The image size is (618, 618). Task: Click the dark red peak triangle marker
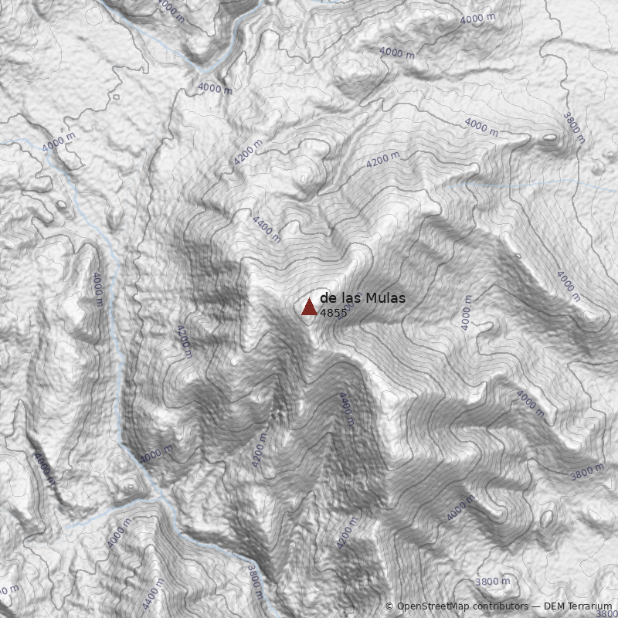pos(309,307)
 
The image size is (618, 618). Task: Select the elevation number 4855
pos(333,314)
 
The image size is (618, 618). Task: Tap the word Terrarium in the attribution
pos(583,606)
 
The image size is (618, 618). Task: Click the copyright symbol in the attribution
pos(389,606)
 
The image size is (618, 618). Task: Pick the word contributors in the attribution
pos(500,606)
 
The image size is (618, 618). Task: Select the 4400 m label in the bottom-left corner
pos(152,593)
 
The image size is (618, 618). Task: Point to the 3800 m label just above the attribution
pos(494,581)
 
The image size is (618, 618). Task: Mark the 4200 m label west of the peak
pos(183,341)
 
